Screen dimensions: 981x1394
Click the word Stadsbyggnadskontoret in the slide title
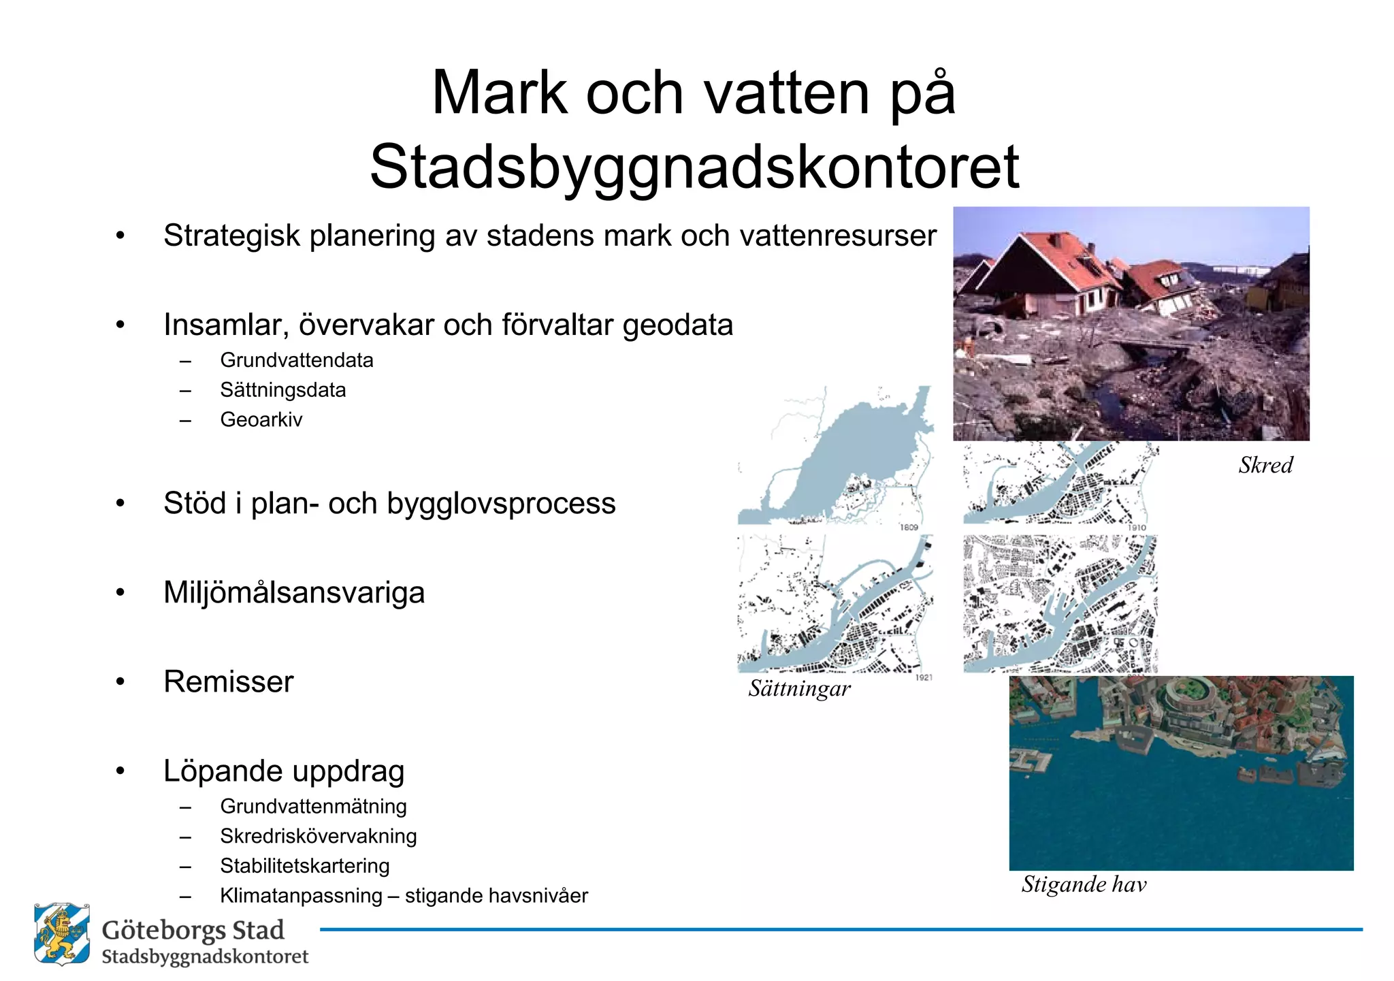tap(694, 167)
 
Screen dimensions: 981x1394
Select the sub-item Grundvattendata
tap(297, 360)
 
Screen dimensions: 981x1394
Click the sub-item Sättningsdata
tap(283, 390)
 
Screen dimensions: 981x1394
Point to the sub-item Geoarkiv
tap(261, 419)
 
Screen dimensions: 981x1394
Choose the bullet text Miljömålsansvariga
tap(294, 592)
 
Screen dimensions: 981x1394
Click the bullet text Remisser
tap(229, 681)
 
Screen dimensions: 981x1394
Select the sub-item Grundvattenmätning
tap(313, 806)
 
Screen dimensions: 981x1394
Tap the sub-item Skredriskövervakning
tap(319, 836)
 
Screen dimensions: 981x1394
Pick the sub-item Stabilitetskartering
tap(305, 866)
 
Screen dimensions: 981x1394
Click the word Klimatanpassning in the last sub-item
tap(301, 896)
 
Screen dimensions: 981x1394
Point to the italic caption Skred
tap(1265, 465)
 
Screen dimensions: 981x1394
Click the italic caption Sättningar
tap(799, 689)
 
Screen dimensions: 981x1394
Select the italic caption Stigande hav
tap(1084, 884)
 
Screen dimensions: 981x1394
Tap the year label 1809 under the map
tap(909, 527)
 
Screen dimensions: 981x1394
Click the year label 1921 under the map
tap(923, 677)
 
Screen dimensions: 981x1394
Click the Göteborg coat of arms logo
tap(62, 934)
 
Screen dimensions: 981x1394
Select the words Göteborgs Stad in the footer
tap(193, 931)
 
